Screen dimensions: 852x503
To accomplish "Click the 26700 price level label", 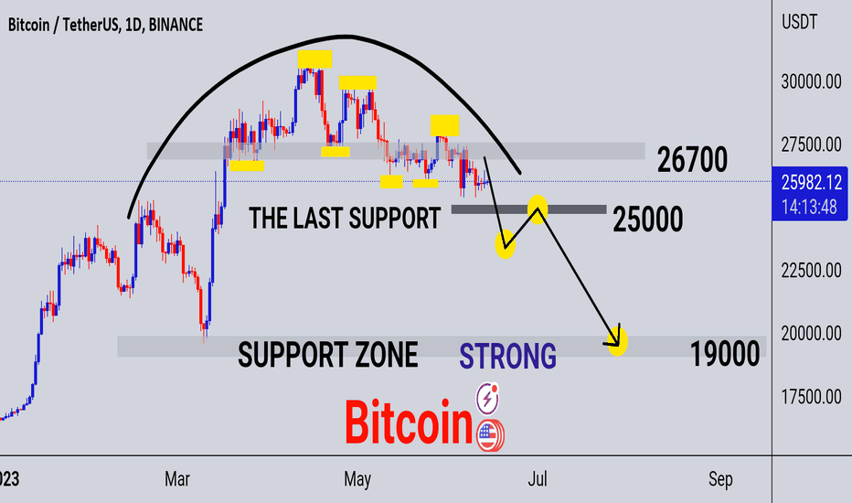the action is [x=692, y=160].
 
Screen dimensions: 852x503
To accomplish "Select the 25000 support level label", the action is [x=648, y=219].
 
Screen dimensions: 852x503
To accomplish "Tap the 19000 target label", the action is [x=725, y=353].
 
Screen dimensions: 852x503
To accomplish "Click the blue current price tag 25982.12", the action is [x=810, y=194].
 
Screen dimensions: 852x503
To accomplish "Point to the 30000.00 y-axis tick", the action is [x=811, y=81].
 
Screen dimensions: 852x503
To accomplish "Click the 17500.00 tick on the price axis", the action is [x=811, y=397].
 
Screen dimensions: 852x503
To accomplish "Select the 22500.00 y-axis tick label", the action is [x=811, y=271].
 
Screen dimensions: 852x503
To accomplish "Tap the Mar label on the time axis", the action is [x=177, y=479].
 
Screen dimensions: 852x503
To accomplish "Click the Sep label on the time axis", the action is [x=720, y=479].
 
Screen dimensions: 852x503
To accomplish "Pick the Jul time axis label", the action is [x=538, y=479].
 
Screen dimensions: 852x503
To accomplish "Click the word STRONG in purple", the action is [x=507, y=356].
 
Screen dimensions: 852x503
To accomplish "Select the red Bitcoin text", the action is [x=409, y=422].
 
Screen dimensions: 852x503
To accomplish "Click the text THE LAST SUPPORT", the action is [x=345, y=218].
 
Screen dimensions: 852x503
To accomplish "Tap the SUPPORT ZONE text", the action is [x=327, y=355].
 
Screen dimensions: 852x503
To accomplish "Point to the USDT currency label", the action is [x=799, y=22].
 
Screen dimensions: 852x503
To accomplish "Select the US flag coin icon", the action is [x=490, y=435].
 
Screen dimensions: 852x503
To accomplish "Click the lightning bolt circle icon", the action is [x=487, y=398].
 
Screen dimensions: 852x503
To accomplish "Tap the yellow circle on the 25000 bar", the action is [x=538, y=209].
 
